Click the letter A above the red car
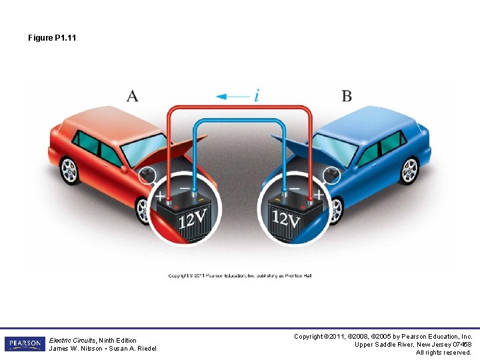[x=133, y=96]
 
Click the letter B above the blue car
[x=347, y=96]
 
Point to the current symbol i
[x=257, y=96]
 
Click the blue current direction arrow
[x=231, y=97]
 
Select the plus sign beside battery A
[x=160, y=196]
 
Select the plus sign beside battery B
[x=319, y=195]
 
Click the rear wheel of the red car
[x=69, y=170]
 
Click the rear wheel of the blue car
[x=409, y=171]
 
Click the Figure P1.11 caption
[x=52, y=38]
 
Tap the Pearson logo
[x=25, y=344]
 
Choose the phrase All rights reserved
[x=444, y=353]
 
